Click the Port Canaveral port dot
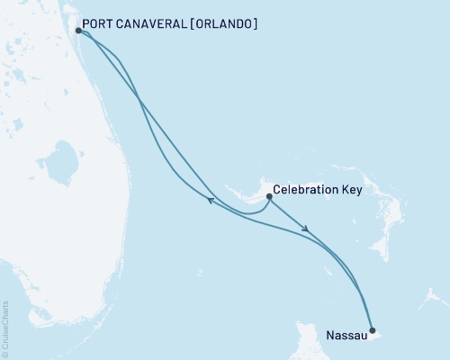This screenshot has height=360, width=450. (x=79, y=30)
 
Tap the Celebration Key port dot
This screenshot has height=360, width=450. (x=268, y=196)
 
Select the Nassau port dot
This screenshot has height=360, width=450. (x=373, y=330)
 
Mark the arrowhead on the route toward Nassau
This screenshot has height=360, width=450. (x=308, y=229)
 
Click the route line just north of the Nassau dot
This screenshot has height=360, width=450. (x=368, y=310)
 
